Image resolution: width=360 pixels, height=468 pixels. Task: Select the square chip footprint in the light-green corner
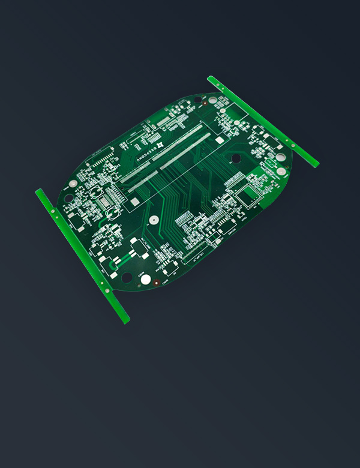point(246,193)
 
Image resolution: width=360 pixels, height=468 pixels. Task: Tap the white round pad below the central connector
point(153,220)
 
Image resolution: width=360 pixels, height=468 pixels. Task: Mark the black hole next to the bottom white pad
point(127,277)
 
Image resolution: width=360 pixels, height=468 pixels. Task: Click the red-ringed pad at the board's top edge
point(206,103)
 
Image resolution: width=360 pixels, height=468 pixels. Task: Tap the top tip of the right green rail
point(211,78)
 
